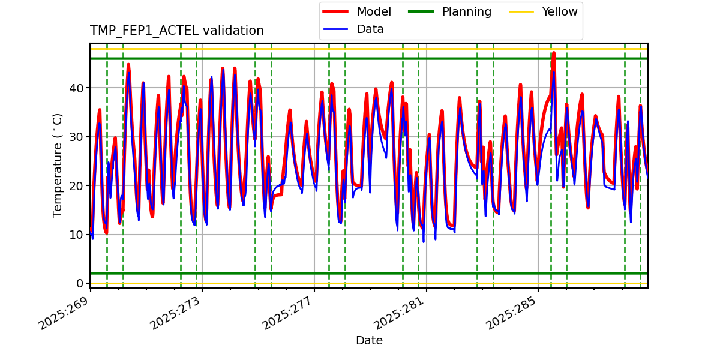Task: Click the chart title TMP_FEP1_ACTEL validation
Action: [x=176, y=31]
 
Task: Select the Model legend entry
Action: [x=374, y=11]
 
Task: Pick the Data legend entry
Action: [x=370, y=29]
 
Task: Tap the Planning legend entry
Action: [x=466, y=11]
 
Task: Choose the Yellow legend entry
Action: [x=559, y=11]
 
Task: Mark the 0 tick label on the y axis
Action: [x=80, y=283]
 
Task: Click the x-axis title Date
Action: [x=369, y=341]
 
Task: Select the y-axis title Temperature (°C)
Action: [x=58, y=165]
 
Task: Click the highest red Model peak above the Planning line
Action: [x=553, y=53]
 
